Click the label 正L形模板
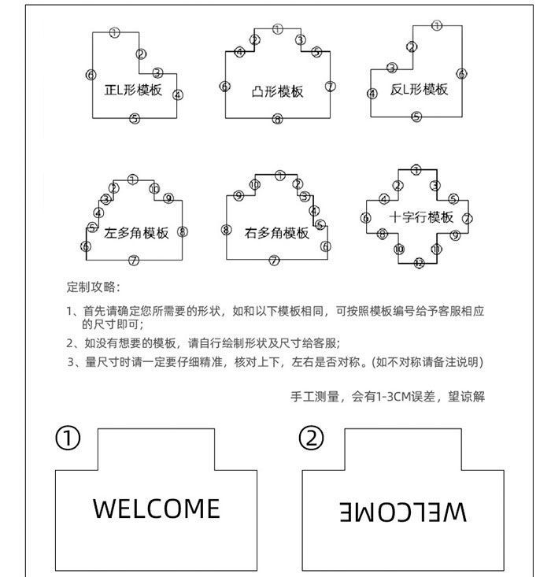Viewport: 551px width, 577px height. pyautogui.click(x=133, y=90)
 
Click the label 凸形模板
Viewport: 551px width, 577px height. pyautogui.click(x=277, y=91)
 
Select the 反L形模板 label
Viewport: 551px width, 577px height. pyautogui.click(x=419, y=89)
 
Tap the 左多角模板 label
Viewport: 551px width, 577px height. pyautogui.click(x=136, y=233)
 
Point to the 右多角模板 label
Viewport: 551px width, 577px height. pyautogui.click(x=277, y=233)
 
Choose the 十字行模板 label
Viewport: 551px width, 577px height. pyautogui.click(x=421, y=217)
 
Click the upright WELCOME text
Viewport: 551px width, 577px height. pyautogui.click(x=156, y=509)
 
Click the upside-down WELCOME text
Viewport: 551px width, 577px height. pyautogui.click(x=403, y=512)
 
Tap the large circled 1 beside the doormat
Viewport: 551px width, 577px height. pyautogui.click(x=68, y=438)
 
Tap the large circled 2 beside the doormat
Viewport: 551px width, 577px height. pyautogui.click(x=312, y=438)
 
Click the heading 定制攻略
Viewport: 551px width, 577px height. pyautogui.click(x=93, y=287)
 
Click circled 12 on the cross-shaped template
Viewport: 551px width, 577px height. pyautogui.click(x=419, y=263)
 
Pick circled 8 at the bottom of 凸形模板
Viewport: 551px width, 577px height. pyautogui.click(x=277, y=120)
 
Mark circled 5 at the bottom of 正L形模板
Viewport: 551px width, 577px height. pyautogui.click(x=135, y=119)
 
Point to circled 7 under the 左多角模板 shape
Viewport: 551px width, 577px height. pyautogui.click(x=134, y=261)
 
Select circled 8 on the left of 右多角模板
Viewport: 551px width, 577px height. pyautogui.click(x=226, y=230)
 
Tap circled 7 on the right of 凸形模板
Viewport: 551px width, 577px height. pyautogui.click(x=331, y=86)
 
